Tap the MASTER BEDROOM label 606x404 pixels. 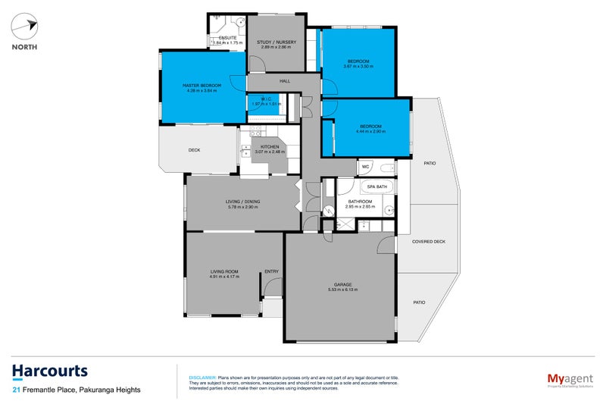(201, 86)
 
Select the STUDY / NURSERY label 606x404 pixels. (276, 42)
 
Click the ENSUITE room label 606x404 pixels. (227, 37)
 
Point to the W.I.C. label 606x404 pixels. (266, 99)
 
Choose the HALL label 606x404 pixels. (285, 80)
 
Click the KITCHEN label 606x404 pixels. (270, 147)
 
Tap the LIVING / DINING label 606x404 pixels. (242, 201)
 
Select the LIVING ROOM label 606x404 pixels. (224, 271)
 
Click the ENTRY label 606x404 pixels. (271, 271)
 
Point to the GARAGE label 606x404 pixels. (340, 284)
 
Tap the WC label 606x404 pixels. (365, 166)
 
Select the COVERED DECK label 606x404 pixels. (429, 242)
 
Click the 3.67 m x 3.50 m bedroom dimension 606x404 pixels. (358, 66)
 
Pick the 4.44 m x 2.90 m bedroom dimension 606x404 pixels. (370, 131)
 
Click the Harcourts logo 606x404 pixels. (49, 371)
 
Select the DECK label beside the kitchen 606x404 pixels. (194, 150)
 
